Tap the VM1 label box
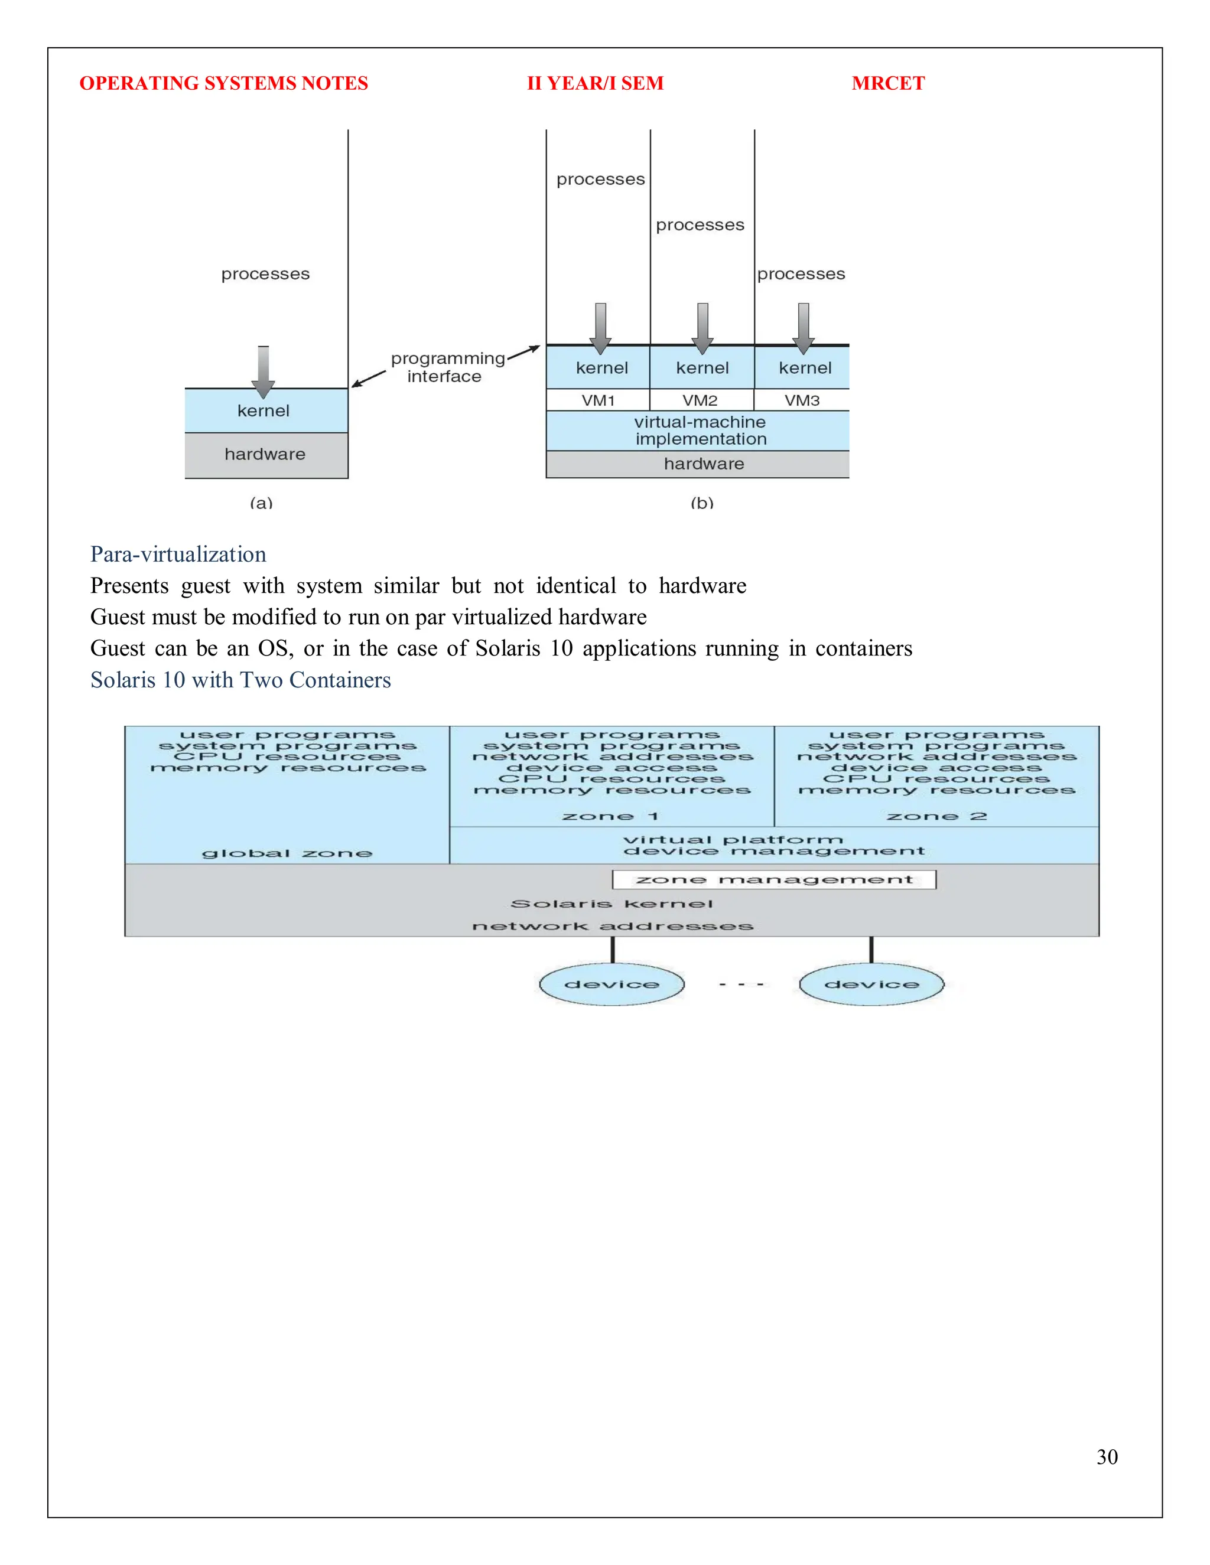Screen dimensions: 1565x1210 [x=598, y=400]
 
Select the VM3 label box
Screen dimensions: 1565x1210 [x=801, y=400]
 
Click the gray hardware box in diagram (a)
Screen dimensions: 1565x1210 [x=266, y=454]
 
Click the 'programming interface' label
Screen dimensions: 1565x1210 [x=447, y=367]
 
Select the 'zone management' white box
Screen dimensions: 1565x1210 [x=773, y=879]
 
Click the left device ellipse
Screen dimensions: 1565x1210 [x=611, y=984]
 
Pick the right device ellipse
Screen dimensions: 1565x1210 [x=871, y=984]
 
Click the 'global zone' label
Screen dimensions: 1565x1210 [x=287, y=853]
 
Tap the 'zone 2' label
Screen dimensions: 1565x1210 [x=936, y=816]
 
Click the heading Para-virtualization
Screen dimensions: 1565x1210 [x=178, y=554]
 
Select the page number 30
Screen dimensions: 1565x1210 [x=1106, y=1456]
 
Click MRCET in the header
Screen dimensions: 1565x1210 [x=887, y=83]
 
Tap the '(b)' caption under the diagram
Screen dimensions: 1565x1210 [x=701, y=503]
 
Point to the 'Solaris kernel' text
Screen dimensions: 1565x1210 [x=611, y=904]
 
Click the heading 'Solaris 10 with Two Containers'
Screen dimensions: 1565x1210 [x=240, y=679]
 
